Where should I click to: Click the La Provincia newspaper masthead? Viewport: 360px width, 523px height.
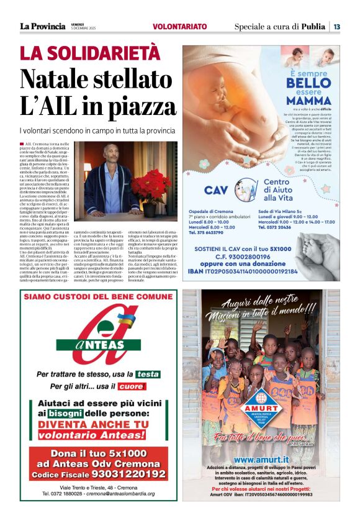[42, 26]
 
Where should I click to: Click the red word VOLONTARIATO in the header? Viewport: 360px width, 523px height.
[179, 27]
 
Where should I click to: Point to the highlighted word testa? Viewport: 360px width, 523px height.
[148, 374]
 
